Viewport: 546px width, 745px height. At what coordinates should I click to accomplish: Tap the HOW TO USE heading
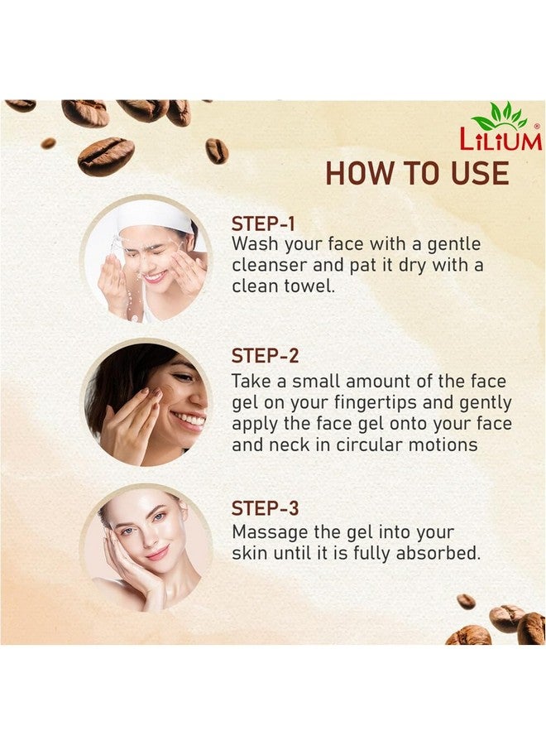(x=417, y=173)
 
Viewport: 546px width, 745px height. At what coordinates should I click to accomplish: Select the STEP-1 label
(x=263, y=224)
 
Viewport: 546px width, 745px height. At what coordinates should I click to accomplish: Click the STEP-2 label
(x=265, y=357)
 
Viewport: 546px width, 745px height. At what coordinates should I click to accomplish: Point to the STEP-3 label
(x=265, y=508)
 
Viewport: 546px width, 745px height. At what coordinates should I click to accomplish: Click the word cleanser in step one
(x=268, y=266)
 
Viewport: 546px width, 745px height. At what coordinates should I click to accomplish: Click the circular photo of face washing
(x=147, y=261)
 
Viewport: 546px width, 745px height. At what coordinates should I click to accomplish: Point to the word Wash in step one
(x=254, y=245)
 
